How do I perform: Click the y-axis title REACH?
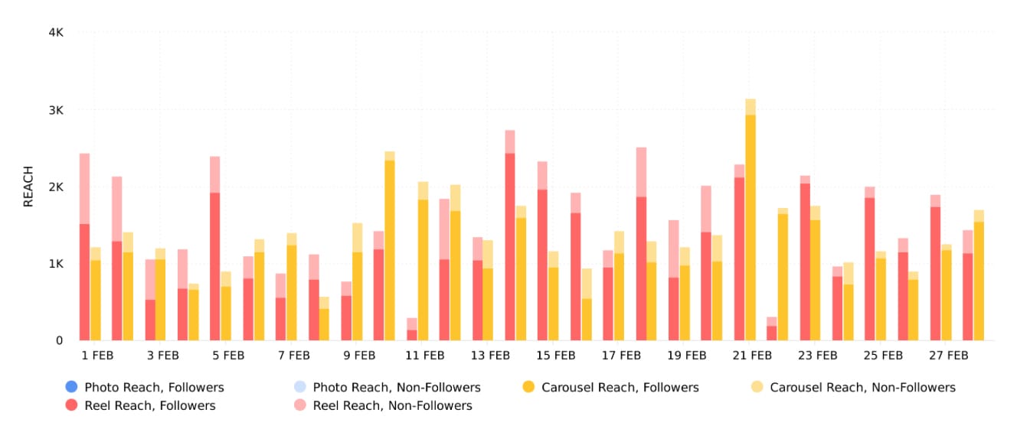click(x=28, y=187)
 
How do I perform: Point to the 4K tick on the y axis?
click(x=55, y=33)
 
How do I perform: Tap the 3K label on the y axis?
click(x=55, y=110)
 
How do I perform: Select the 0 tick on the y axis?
click(x=59, y=340)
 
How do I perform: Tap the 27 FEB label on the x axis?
click(x=947, y=356)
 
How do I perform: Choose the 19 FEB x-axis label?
click(x=685, y=356)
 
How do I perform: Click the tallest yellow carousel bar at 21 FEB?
click(x=750, y=229)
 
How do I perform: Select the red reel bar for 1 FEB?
click(x=84, y=283)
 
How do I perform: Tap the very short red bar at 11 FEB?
click(x=412, y=335)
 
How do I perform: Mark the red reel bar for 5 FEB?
click(x=215, y=268)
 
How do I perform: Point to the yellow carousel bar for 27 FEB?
click(x=947, y=294)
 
